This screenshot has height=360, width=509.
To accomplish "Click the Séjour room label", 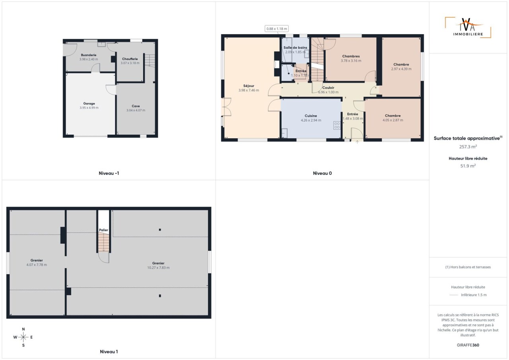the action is pyautogui.click(x=249, y=86).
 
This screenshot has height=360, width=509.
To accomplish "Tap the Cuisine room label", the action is pyautogui.click(x=311, y=116).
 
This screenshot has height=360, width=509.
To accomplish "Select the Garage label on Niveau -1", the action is pyautogui.click(x=89, y=103).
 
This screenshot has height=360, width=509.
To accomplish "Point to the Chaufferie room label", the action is pyautogui.click(x=130, y=59).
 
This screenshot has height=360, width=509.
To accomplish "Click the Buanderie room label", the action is pyautogui.click(x=89, y=55).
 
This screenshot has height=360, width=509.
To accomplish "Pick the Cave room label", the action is pyautogui.click(x=136, y=106).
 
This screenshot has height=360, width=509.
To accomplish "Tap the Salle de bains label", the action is pyautogui.click(x=295, y=47).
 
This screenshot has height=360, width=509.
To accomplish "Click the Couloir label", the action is pyautogui.click(x=328, y=88).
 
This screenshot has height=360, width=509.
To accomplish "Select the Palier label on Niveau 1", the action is pyautogui.click(x=103, y=230).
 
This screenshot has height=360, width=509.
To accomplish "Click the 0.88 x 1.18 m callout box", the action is pyautogui.click(x=276, y=29).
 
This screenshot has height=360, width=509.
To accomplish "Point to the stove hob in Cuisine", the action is pyautogui.click(x=337, y=126).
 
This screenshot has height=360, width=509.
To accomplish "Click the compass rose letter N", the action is pyautogui.click(x=23, y=329).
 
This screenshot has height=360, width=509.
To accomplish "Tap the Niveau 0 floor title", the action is pyautogui.click(x=322, y=173).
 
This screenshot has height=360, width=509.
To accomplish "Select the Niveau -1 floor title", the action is pyautogui.click(x=109, y=173).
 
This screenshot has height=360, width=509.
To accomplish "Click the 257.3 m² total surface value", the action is pyautogui.click(x=468, y=147).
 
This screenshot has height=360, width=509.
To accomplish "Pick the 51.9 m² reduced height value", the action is pyautogui.click(x=468, y=166).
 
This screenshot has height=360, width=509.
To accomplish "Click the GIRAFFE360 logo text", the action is pyautogui.click(x=468, y=345).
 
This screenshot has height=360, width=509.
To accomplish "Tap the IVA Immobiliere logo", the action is pyautogui.click(x=468, y=27).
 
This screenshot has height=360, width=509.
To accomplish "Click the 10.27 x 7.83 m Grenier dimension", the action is pyautogui.click(x=158, y=268).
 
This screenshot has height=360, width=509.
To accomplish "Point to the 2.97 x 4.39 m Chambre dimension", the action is pyautogui.click(x=401, y=69).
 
